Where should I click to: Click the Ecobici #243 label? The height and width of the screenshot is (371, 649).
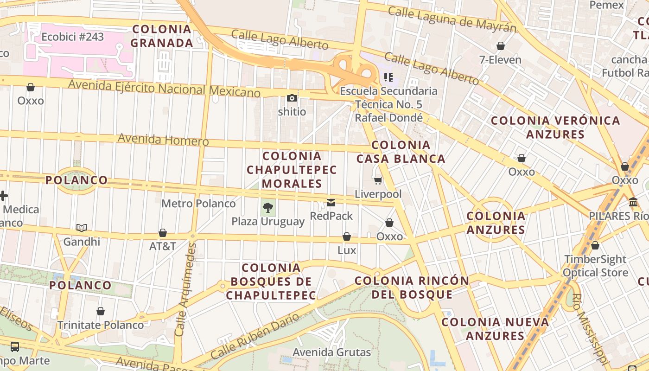[73, 37]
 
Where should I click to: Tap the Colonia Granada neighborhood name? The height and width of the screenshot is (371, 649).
[161, 36]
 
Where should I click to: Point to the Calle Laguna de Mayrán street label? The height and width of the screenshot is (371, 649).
[452, 19]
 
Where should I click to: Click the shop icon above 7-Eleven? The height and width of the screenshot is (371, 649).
[500, 46]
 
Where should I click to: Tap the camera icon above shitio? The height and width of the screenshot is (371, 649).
[292, 98]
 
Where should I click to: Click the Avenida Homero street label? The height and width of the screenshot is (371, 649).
[163, 139]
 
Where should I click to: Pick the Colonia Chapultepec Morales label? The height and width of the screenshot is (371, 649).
[292, 170]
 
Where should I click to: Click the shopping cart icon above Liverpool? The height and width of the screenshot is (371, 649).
[378, 181]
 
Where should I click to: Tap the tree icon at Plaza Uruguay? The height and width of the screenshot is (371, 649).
[267, 208]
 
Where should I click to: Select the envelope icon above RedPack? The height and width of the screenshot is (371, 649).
[331, 203]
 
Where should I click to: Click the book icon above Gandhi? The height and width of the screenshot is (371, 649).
[82, 228]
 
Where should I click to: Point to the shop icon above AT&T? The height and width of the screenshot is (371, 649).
[162, 233]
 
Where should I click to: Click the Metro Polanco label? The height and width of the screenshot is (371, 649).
[198, 204]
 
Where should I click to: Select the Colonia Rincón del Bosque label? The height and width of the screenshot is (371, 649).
[412, 288]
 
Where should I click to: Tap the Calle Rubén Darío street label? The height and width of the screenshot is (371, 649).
[255, 336]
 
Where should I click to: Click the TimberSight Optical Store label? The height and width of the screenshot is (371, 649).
[595, 266]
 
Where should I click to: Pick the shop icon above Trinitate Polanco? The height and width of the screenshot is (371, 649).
[101, 311]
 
